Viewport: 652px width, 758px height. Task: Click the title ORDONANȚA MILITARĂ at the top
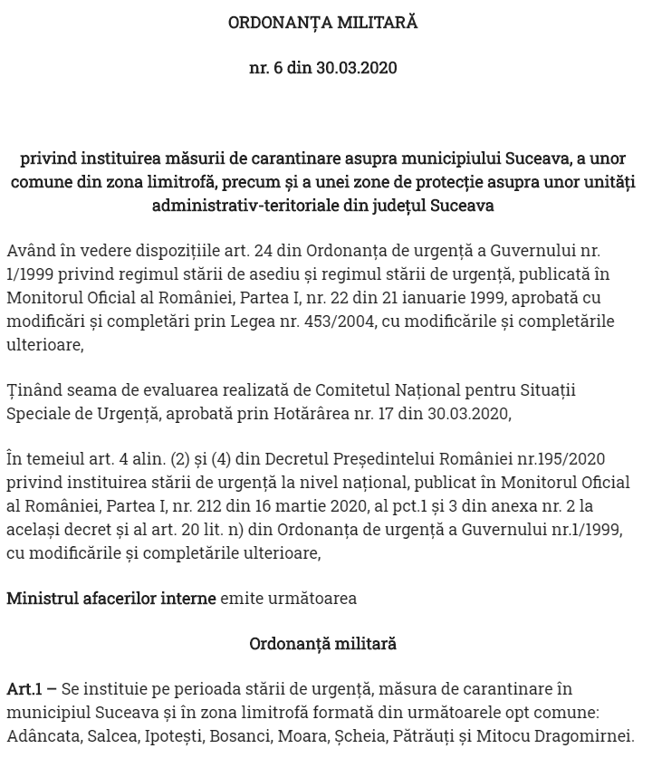(323, 23)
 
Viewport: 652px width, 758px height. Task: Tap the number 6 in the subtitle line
(277, 68)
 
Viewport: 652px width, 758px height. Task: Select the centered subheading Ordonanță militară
(323, 644)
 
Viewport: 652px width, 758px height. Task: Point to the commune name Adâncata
(43, 736)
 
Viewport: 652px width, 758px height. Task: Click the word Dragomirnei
(586, 736)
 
